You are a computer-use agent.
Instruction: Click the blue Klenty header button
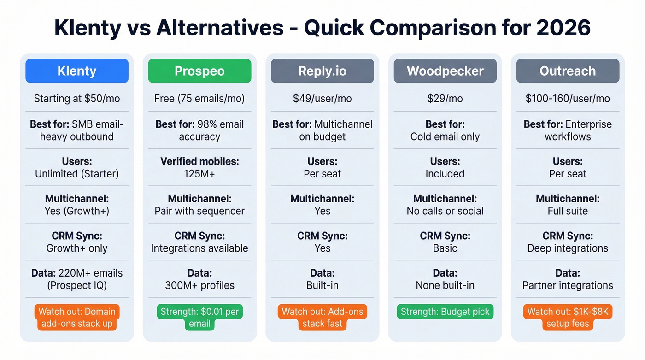click(77, 71)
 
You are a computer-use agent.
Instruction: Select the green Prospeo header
click(199, 71)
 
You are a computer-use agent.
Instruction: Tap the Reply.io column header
click(322, 71)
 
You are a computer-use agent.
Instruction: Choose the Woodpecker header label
click(445, 71)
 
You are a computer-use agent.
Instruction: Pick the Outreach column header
click(568, 71)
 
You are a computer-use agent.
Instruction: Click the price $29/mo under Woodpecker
click(445, 99)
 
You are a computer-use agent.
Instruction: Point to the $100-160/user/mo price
click(568, 99)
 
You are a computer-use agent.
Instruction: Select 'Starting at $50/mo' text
click(77, 99)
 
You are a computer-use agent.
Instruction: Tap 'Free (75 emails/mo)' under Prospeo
click(199, 99)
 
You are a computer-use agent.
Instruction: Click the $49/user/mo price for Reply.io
click(322, 99)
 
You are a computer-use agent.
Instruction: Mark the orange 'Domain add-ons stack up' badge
click(77, 317)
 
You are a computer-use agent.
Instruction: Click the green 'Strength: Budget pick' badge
click(445, 312)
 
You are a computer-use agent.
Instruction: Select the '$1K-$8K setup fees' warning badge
click(568, 317)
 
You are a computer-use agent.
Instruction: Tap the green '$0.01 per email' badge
click(199, 317)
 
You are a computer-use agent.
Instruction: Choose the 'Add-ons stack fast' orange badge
click(322, 317)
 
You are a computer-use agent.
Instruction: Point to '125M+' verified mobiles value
click(199, 174)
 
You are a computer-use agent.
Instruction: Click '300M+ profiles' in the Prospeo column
click(199, 285)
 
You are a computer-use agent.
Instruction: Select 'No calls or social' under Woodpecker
click(445, 211)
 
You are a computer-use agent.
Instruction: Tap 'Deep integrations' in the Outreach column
click(568, 248)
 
